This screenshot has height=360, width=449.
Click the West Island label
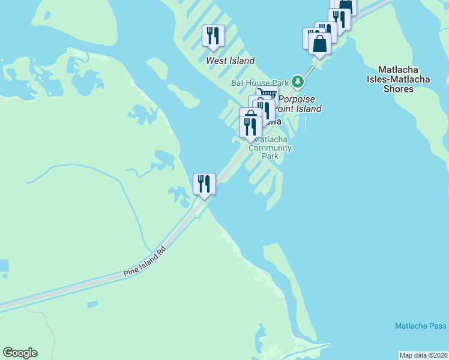coord(231,61)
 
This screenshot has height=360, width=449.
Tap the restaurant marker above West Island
coord(213,36)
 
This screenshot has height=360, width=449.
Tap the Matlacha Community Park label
coord(270,148)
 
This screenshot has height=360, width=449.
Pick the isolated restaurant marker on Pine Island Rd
coord(204,184)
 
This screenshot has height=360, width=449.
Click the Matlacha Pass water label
coord(420,326)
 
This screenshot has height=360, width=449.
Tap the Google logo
coord(20,353)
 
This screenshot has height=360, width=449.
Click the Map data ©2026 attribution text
coord(424,355)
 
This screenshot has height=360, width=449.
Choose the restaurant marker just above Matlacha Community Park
coord(250,127)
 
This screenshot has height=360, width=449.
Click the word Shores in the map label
coord(399,89)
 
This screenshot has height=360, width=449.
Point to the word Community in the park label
coord(270,148)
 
